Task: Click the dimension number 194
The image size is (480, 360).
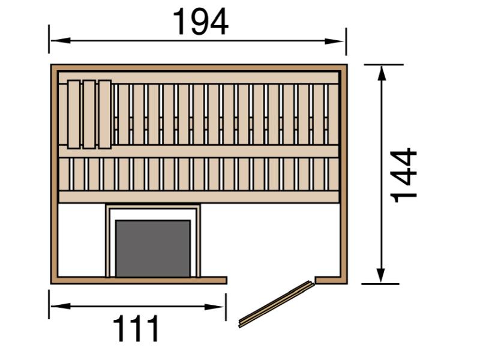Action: coord(200,22)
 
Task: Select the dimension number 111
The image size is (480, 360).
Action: coord(137,329)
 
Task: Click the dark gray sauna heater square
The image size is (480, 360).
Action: coord(153,248)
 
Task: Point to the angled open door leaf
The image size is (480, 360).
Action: coord(277,304)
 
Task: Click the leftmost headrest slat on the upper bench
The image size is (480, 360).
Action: coord(74,113)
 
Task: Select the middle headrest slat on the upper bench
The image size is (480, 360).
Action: coord(89,113)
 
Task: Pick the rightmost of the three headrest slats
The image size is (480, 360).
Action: coord(104,113)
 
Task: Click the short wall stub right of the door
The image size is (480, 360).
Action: coord(331,280)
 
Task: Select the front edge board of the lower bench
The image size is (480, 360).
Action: coord(198,197)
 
